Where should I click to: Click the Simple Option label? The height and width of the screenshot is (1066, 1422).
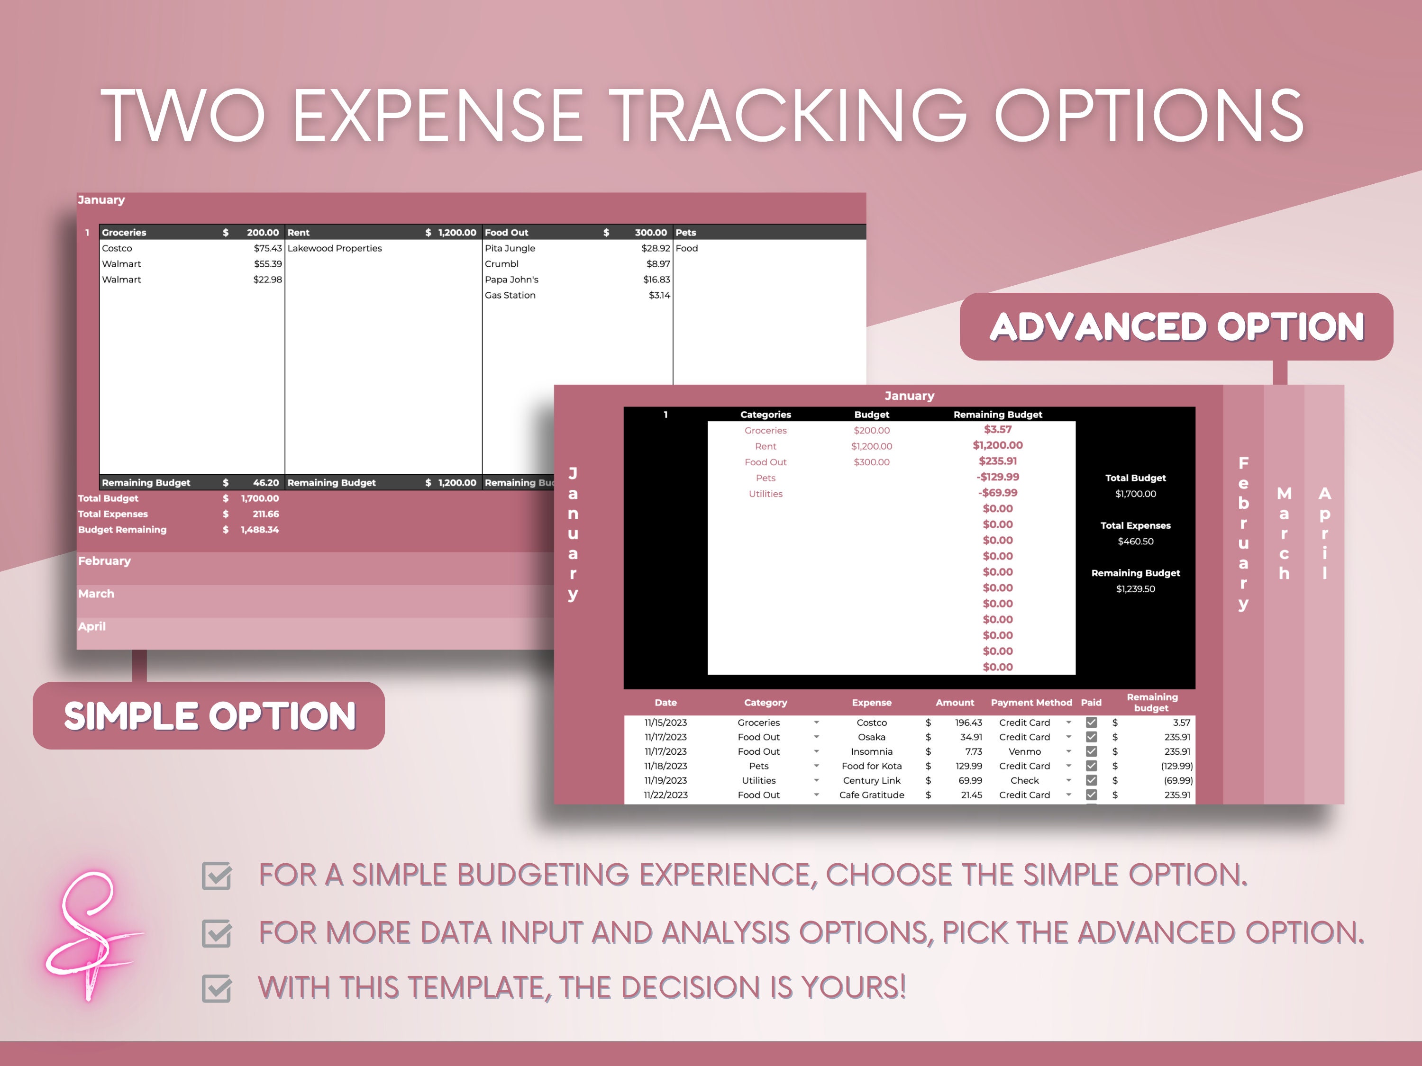click(209, 716)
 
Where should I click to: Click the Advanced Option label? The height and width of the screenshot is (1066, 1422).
click(1176, 327)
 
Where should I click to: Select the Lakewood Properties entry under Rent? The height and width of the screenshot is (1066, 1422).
click(334, 248)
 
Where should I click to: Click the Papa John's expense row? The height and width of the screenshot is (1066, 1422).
click(512, 280)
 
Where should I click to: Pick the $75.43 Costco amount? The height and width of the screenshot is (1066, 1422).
click(267, 248)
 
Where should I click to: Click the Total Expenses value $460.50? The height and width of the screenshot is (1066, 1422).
click(1135, 541)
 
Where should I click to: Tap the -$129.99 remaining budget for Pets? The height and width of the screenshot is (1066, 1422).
click(997, 477)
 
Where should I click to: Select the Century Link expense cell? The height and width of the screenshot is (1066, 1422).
click(871, 780)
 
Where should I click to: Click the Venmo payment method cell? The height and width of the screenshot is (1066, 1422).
click(1024, 751)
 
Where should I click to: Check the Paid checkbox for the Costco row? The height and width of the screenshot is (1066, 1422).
click(1091, 722)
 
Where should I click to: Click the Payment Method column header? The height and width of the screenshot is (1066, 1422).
click(1031, 702)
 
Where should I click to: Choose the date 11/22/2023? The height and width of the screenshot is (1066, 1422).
click(665, 795)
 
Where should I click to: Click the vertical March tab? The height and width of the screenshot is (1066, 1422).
click(1284, 533)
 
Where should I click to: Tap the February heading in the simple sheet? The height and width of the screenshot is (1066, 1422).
click(104, 561)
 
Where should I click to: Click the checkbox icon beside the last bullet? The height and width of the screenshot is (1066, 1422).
click(217, 988)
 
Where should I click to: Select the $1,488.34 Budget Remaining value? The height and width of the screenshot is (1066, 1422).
click(259, 530)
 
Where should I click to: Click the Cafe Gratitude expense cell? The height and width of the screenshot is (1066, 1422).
click(871, 795)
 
